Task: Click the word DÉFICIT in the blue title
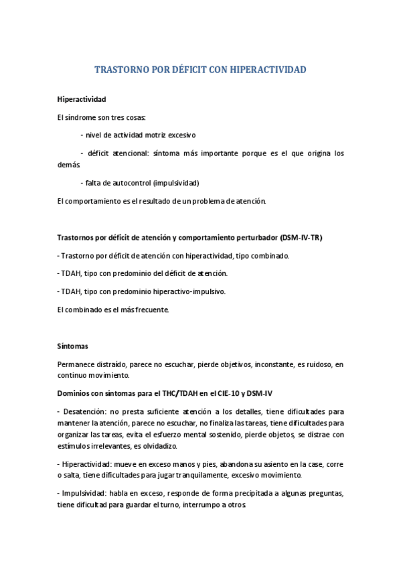[x=175, y=69]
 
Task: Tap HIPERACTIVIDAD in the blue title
[x=268, y=69]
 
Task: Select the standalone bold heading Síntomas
[x=73, y=346]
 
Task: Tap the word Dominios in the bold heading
[x=75, y=393]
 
